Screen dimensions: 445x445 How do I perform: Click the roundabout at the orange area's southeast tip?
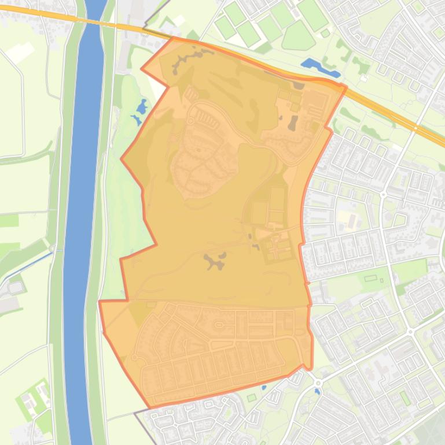[x=318, y=383]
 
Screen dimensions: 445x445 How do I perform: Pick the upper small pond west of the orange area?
[x=142, y=106]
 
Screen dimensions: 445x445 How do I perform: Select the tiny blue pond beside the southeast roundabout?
[x=317, y=392]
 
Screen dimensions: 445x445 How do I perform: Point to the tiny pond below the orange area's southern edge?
[x=263, y=387]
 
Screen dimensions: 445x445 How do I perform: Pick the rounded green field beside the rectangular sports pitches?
[x=298, y=37]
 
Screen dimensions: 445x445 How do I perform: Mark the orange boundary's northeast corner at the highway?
[x=345, y=87]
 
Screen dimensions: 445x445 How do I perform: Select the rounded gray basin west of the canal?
[x=16, y=285]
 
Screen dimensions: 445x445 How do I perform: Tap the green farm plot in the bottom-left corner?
[x=29, y=399]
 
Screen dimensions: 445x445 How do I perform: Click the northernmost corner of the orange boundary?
[x=174, y=38]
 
